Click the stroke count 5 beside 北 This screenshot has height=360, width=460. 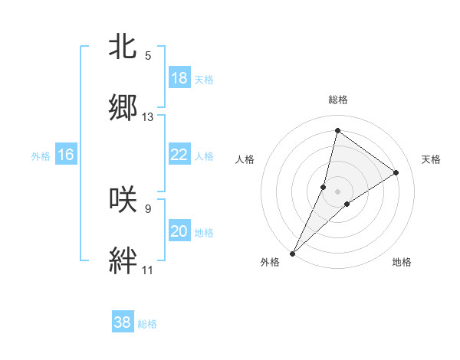click(148, 56)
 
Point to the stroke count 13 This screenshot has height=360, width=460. click(148, 118)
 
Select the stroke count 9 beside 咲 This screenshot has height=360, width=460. click(148, 208)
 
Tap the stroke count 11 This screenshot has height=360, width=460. click(148, 270)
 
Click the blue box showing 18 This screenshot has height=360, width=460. click(179, 78)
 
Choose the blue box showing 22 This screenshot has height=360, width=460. click(179, 155)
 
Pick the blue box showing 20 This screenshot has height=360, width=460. click(179, 231)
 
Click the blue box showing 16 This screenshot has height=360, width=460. click(66, 155)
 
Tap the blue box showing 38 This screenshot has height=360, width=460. click(123, 322)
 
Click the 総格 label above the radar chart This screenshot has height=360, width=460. click(338, 100)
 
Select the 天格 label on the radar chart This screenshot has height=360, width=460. click(431, 159)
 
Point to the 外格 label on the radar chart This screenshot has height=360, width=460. click(270, 262)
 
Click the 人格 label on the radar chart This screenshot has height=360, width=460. click(245, 159)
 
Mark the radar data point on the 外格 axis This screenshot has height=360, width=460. click(292, 254)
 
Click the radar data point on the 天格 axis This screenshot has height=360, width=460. click(396, 172)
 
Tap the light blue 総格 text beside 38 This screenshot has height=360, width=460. click(147, 324)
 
